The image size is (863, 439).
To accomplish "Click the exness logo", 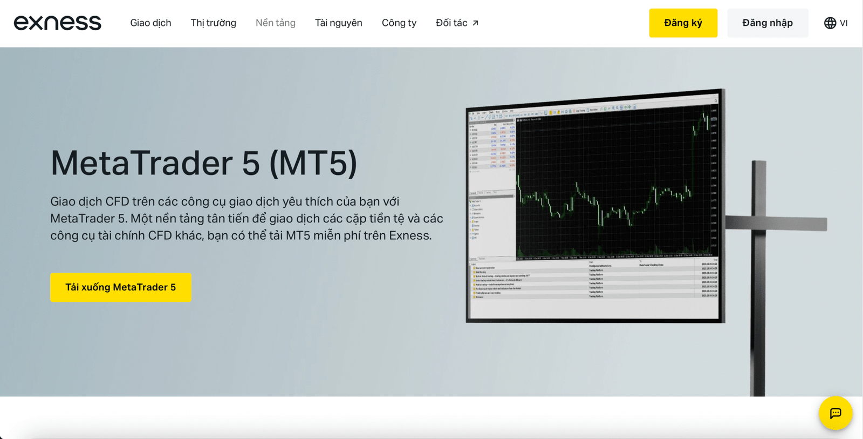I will tap(57, 23).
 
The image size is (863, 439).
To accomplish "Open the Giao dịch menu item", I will tap(150, 23).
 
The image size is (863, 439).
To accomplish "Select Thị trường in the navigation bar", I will tap(213, 23).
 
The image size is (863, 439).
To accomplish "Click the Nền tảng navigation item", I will tap(275, 23).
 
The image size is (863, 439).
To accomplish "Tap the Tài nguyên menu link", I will tap(338, 23).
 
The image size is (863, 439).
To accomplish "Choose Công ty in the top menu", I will tap(399, 23).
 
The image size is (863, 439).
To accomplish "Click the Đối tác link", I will tap(451, 23).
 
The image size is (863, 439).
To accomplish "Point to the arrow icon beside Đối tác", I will tap(475, 23).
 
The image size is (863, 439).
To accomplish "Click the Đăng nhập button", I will tap(767, 23).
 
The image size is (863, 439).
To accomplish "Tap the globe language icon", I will tap(830, 23).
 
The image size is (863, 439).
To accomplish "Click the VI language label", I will tap(844, 23).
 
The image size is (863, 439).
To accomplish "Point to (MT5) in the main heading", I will tap(313, 163).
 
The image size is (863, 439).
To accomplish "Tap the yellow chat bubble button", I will tap(835, 413).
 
